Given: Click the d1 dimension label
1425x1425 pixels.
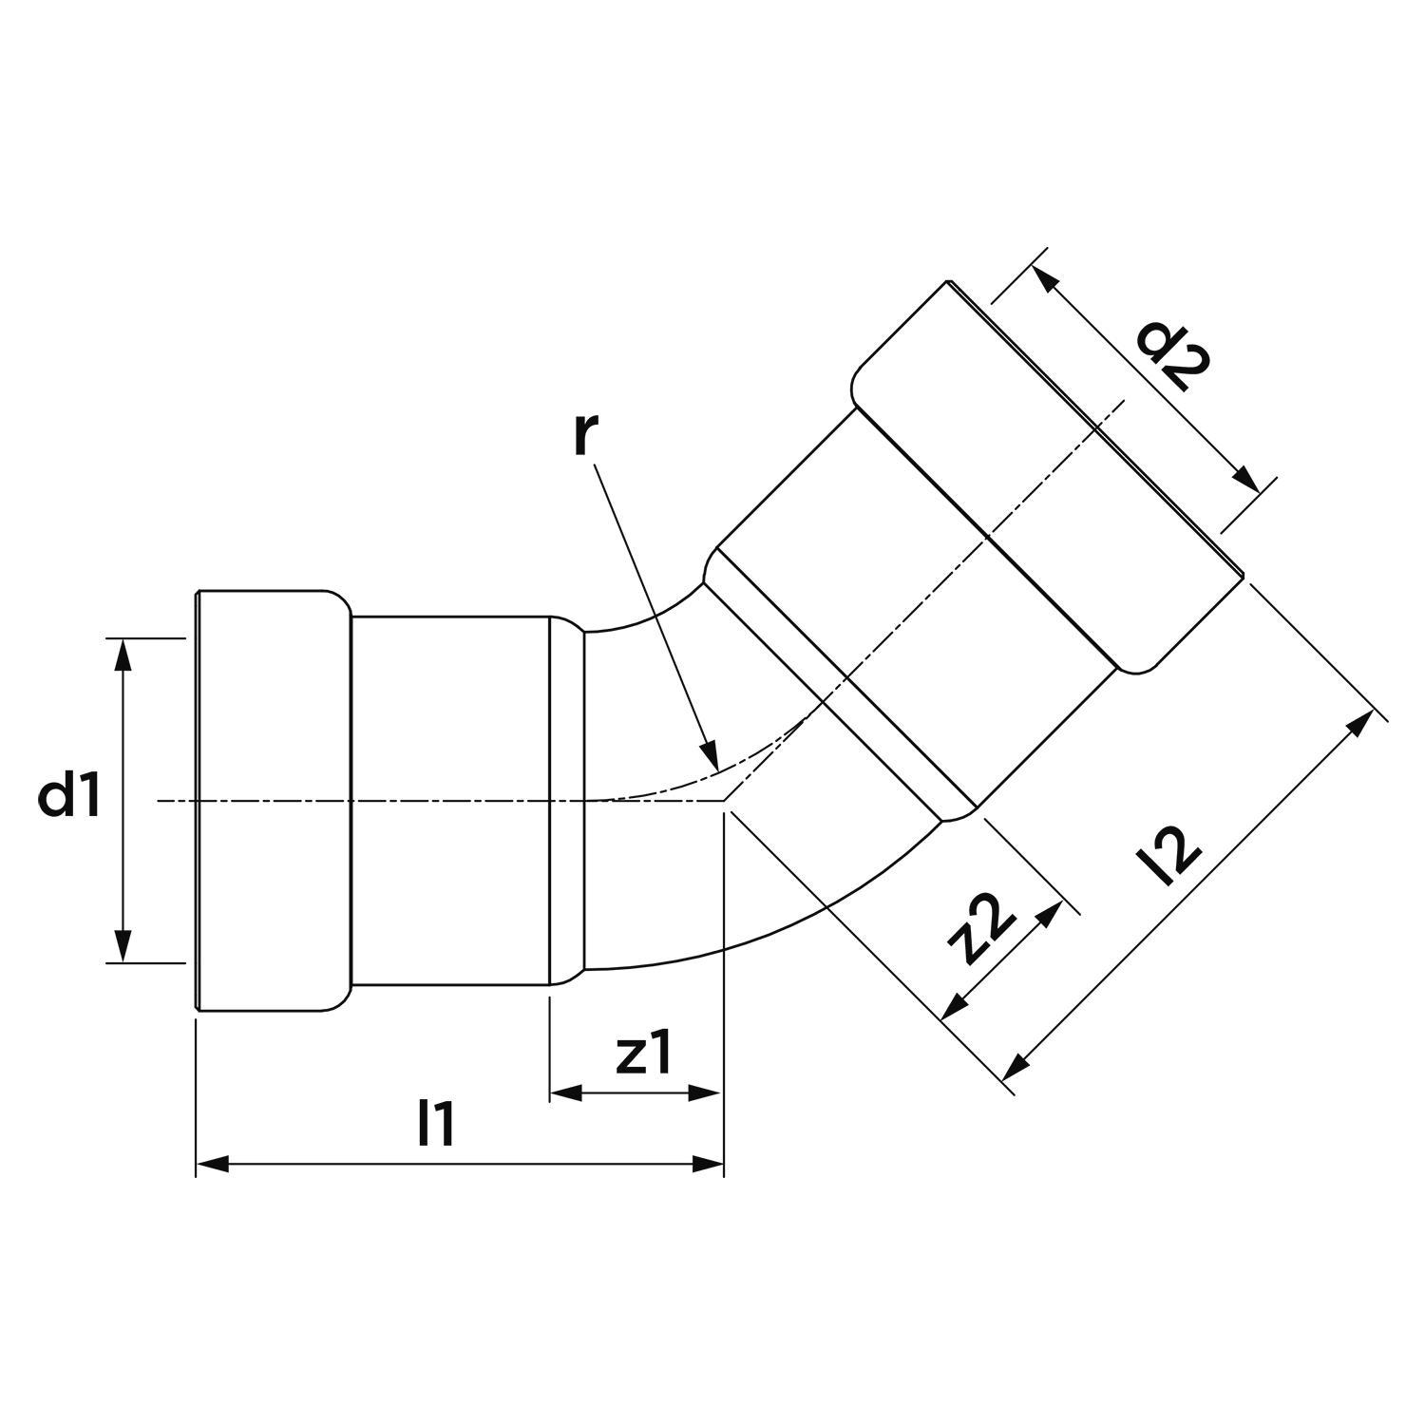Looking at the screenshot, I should (69, 799).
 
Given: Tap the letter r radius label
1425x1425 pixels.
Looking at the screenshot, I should (586, 434).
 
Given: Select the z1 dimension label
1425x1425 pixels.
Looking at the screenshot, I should (644, 1054).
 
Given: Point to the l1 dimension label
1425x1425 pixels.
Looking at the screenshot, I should (437, 1124).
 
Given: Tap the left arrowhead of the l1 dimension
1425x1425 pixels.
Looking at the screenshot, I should (211, 1164).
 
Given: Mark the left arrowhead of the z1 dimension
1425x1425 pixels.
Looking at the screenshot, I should (565, 1093).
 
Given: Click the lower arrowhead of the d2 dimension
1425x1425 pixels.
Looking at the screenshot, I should (1249, 481).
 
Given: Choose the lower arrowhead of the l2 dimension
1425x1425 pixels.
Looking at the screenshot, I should (1015, 1071).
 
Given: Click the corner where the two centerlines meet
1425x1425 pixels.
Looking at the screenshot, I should (725, 801).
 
